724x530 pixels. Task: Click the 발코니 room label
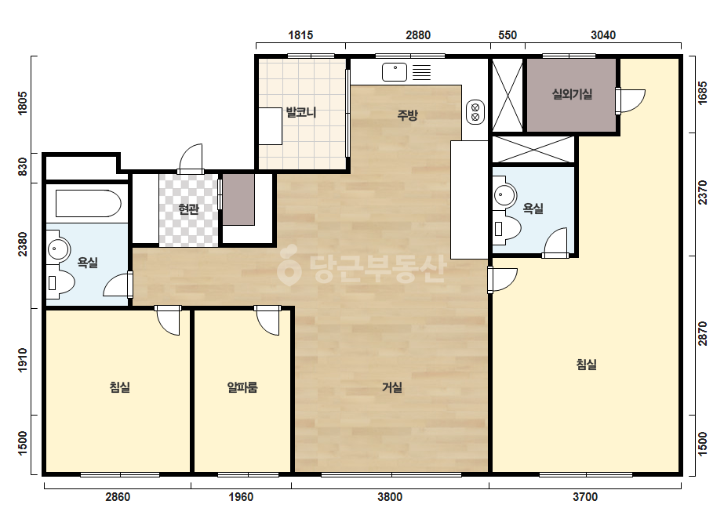[x=300, y=112]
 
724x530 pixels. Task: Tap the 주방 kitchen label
[x=407, y=114]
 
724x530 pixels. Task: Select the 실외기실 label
[x=572, y=94]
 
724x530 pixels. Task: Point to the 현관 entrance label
[x=188, y=209]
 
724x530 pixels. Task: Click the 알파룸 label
[x=242, y=387]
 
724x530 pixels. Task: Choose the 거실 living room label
[x=392, y=387]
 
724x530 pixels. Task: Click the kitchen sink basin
[x=395, y=72]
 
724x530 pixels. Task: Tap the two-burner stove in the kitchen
[x=475, y=112]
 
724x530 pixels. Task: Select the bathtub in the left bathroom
[x=88, y=203]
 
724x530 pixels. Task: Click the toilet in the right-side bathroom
[x=507, y=227]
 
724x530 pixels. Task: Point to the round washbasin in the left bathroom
[x=58, y=250]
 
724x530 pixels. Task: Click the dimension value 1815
[x=300, y=35]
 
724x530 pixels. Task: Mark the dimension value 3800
[x=390, y=497]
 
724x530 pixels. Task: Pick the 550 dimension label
[x=508, y=35]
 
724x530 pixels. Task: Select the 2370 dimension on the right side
[x=702, y=193]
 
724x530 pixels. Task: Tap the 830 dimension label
[x=22, y=167]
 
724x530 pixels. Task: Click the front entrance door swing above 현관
[x=191, y=158]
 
